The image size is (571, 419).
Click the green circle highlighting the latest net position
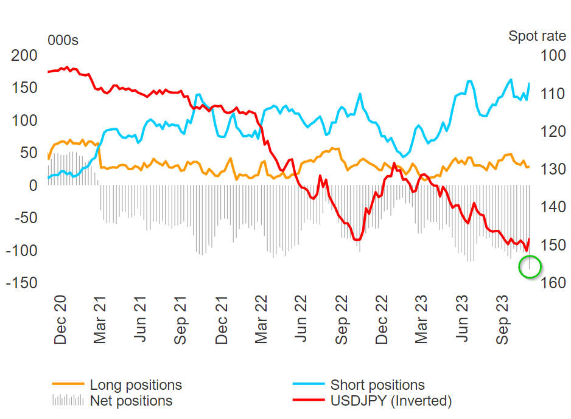coord(530,267)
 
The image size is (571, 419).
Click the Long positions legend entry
coord(136,385)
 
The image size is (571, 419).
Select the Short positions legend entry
coord(377,385)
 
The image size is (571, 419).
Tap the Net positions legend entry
coord(131,401)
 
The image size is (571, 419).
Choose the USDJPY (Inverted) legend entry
coord(391,401)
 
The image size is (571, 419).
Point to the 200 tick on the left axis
coord(25,55)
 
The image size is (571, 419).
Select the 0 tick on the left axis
coord(33,185)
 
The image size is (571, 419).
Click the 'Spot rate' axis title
coord(537,36)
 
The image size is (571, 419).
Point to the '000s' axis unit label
coord(63,41)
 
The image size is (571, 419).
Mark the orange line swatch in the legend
coord(68,384)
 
